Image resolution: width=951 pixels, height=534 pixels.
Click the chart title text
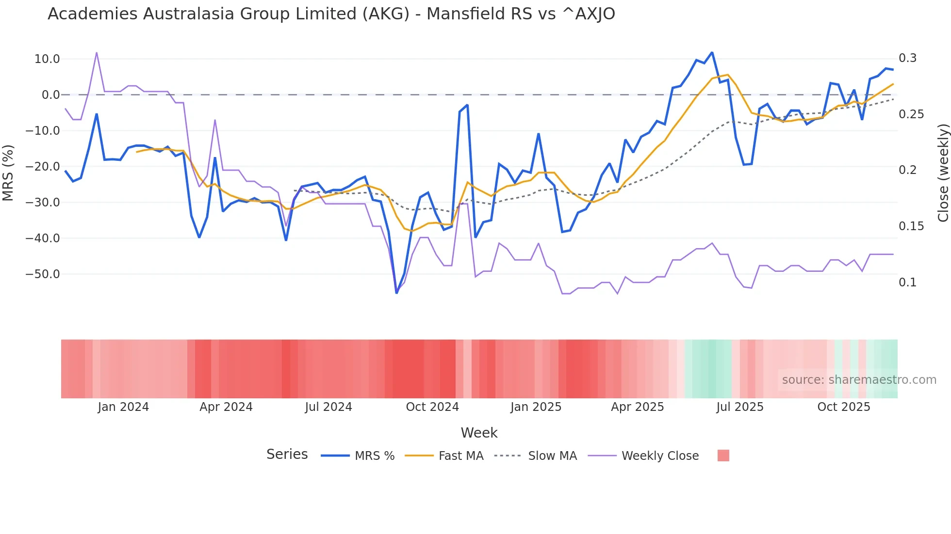click(331, 14)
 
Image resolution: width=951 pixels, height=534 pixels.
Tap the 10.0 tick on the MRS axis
click(47, 59)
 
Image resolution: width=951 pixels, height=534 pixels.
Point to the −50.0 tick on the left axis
click(43, 274)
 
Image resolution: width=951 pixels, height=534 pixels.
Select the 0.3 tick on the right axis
click(907, 58)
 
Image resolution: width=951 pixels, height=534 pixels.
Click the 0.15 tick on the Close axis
click(911, 226)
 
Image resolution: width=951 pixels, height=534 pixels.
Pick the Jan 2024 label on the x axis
click(123, 407)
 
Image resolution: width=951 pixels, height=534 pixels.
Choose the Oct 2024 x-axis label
click(432, 407)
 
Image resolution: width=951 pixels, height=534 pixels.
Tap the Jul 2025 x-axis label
click(740, 407)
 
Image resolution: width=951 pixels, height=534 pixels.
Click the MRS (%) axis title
click(8, 173)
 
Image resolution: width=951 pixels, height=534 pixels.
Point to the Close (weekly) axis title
click(943, 173)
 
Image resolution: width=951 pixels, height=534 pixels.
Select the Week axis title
click(479, 433)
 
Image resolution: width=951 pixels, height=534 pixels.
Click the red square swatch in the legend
click(723, 455)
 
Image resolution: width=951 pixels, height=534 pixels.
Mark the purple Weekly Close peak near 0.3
click(97, 53)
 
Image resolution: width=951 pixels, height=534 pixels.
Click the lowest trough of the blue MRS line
click(396, 293)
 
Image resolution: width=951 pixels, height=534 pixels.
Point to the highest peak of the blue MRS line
click(712, 52)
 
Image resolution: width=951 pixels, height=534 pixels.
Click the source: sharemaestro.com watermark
click(859, 380)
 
